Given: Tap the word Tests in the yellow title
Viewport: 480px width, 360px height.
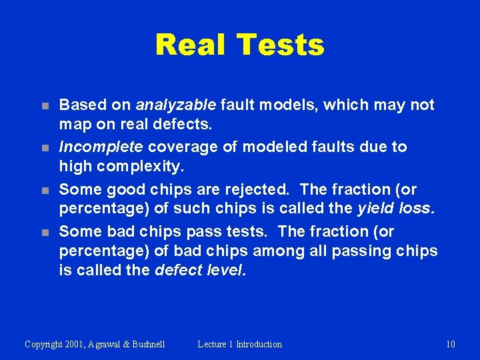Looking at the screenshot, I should point(280,45).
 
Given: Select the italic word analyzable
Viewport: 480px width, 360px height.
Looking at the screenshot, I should point(175,105).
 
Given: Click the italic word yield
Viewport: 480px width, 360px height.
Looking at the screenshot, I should point(375,209).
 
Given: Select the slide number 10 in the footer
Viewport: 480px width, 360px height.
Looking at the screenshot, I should point(451,344).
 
